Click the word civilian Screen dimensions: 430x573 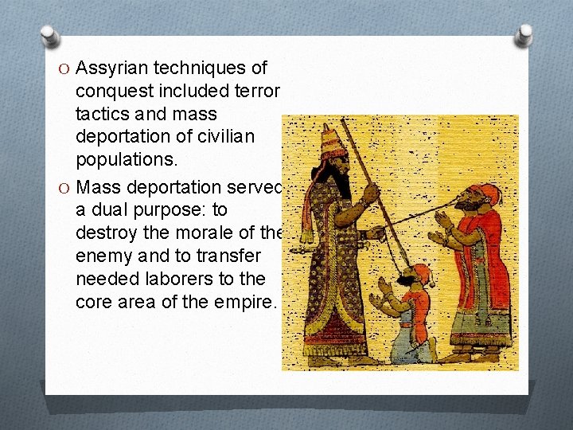click(225, 137)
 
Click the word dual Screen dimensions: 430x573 click(125, 210)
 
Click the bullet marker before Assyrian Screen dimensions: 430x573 click(66, 69)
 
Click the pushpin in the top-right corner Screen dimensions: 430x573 click(524, 34)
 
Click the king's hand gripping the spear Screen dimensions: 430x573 click(370, 193)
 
